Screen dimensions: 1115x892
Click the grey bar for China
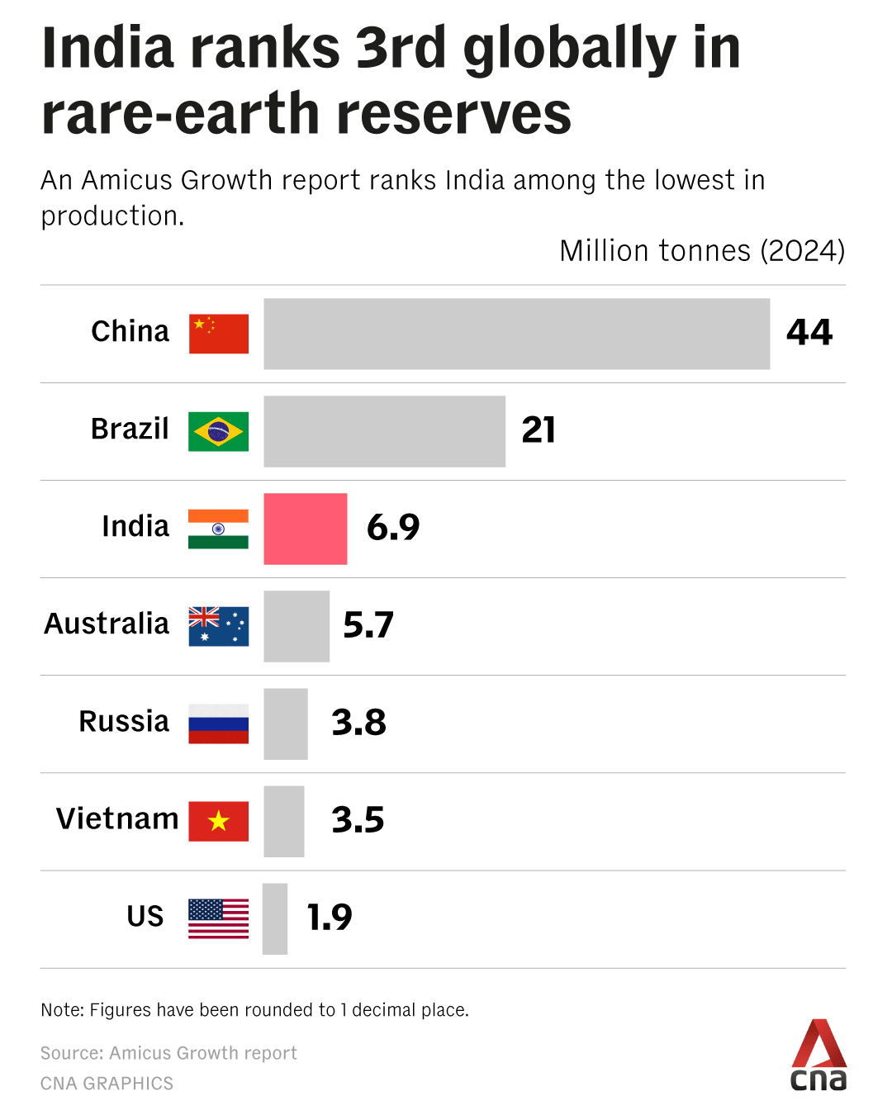(x=516, y=334)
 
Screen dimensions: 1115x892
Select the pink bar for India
(x=306, y=529)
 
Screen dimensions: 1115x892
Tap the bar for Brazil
(x=384, y=431)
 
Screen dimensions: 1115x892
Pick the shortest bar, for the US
(x=275, y=918)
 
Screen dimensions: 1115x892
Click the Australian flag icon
(x=218, y=626)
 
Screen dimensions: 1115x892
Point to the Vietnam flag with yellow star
(x=218, y=821)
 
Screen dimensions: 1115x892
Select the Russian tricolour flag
(x=218, y=724)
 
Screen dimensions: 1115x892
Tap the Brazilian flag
(x=218, y=431)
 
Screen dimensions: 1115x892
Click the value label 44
(x=809, y=333)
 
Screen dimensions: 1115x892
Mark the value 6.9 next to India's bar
(x=393, y=528)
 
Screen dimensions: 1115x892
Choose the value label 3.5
(x=358, y=820)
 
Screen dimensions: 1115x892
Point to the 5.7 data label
(x=368, y=625)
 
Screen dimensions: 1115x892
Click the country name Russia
(x=124, y=722)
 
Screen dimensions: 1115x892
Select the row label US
(x=145, y=917)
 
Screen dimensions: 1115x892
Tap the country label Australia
(x=107, y=624)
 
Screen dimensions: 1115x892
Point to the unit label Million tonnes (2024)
(x=702, y=251)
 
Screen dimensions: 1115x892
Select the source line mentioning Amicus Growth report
(x=168, y=1053)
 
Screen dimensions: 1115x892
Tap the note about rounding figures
(x=254, y=1010)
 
